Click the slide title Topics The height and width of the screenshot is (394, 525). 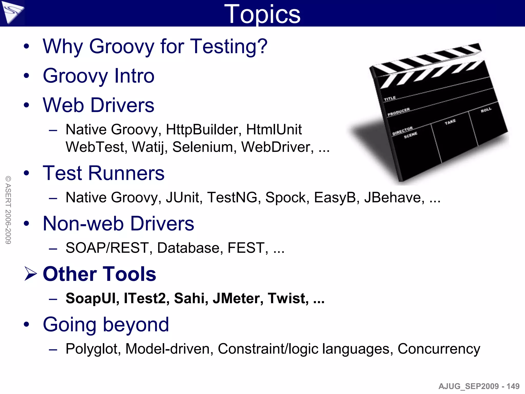(x=262, y=14)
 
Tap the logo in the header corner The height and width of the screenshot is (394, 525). (x=12, y=12)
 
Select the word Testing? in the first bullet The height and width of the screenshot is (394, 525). (x=229, y=46)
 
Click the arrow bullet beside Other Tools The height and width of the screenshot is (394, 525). (x=31, y=274)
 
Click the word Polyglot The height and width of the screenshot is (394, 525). (x=93, y=349)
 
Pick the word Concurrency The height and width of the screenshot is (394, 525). (x=439, y=349)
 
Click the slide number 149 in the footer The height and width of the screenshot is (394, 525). (x=513, y=386)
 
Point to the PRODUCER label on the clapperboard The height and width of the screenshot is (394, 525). (x=399, y=112)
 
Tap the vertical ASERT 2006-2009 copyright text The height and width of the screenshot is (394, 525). (x=8, y=210)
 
